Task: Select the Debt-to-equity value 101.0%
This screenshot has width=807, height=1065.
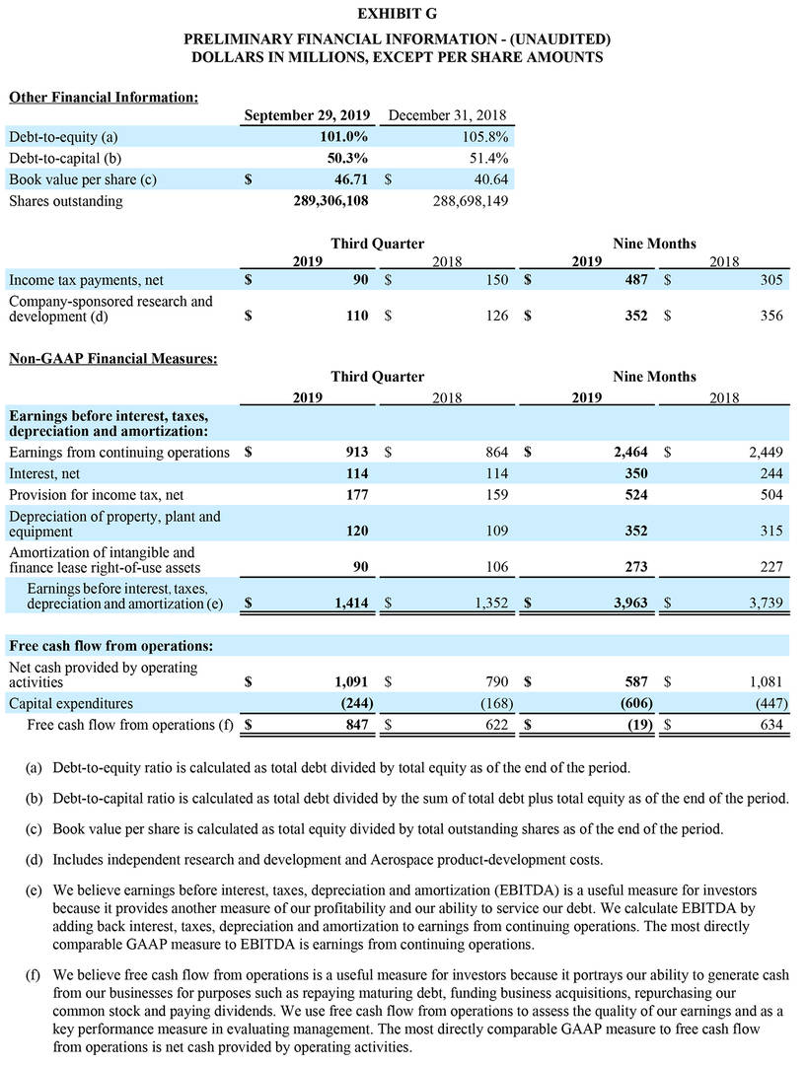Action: point(341,137)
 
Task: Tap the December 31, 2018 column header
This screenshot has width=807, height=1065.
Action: point(448,115)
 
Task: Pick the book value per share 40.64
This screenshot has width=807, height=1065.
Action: point(490,179)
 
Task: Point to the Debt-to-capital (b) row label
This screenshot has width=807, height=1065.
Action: point(64,158)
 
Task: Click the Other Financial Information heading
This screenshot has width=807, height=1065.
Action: point(104,97)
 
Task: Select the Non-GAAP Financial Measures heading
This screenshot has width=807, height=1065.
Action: point(113,359)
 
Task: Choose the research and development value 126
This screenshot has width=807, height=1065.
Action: point(495,316)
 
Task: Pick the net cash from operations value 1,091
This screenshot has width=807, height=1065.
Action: point(350,681)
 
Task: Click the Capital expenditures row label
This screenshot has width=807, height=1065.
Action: point(70,703)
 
